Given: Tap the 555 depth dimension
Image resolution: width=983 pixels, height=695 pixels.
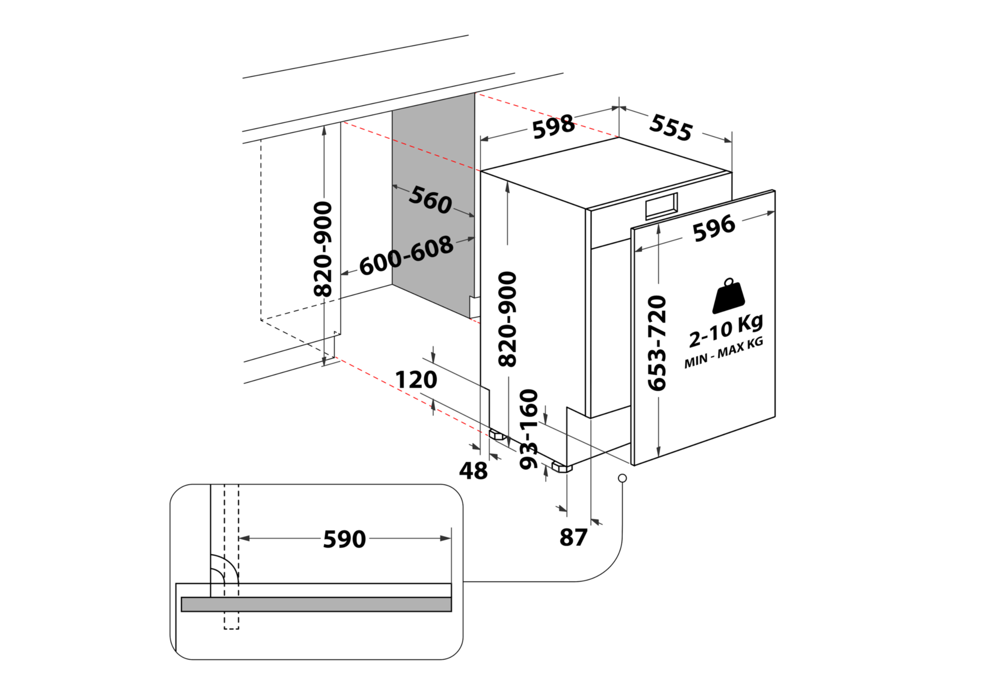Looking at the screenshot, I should tap(670, 127).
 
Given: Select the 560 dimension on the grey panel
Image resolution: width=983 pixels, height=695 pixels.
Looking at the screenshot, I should tap(430, 200).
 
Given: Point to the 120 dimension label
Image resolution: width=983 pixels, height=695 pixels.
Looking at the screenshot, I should tap(416, 380).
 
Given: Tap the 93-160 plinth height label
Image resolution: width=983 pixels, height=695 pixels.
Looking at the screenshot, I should tap(529, 428).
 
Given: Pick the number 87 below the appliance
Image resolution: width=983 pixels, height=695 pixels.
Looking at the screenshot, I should tap(573, 537).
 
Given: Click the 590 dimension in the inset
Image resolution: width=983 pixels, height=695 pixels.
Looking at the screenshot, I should tap(344, 539).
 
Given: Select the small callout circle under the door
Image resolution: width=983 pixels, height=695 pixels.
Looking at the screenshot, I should tap(623, 478).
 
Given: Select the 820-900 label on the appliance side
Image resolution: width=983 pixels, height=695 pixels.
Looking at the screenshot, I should tap(508, 319).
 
